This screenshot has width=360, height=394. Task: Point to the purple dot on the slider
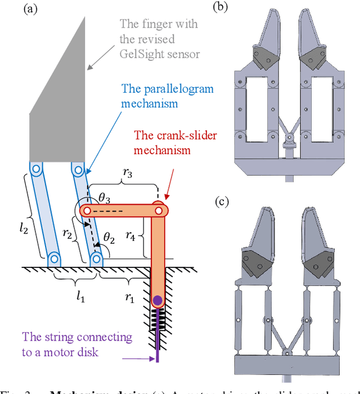pyautogui.click(x=158, y=299)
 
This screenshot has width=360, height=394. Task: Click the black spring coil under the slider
pyautogui.click(x=158, y=319)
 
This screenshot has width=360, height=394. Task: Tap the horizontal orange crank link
pyautogui.click(x=123, y=211)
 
